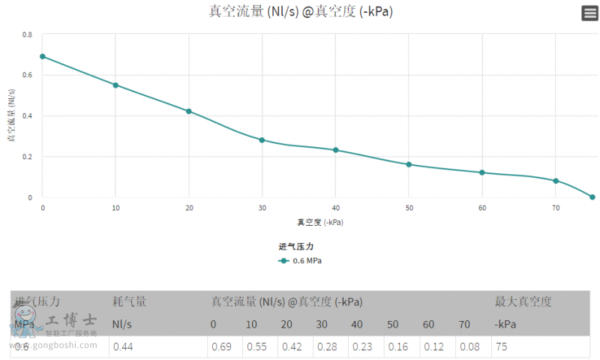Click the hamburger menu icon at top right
click(589, 13)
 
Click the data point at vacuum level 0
click(43, 56)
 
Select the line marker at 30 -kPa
click(262, 140)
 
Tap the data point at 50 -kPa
click(409, 164)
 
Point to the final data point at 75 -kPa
click(592, 197)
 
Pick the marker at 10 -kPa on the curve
click(115, 85)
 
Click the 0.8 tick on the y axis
click(28, 34)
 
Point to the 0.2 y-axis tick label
click(28, 157)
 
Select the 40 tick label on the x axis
click(336, 208)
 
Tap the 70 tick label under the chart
click(556, 208)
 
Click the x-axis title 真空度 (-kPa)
click(320, 222)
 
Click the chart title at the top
click(301, 11)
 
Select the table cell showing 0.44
click(124, 346)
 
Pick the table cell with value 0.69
click(221, 346)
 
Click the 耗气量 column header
click(129, 301)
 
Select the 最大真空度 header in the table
click(523, 301)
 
